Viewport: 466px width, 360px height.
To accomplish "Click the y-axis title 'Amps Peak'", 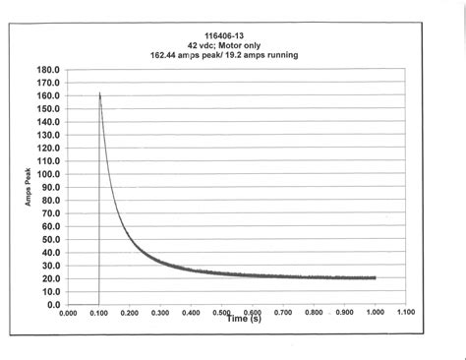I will (29, 186).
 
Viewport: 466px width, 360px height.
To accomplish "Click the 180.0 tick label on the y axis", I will (49, 71).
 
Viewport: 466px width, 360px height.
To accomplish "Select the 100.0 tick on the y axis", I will (49, 174).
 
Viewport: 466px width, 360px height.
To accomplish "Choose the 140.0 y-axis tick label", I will (49, 122).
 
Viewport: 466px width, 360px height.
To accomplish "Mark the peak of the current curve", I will (100, 93).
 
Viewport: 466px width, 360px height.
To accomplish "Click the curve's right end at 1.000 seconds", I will (376, 277).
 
